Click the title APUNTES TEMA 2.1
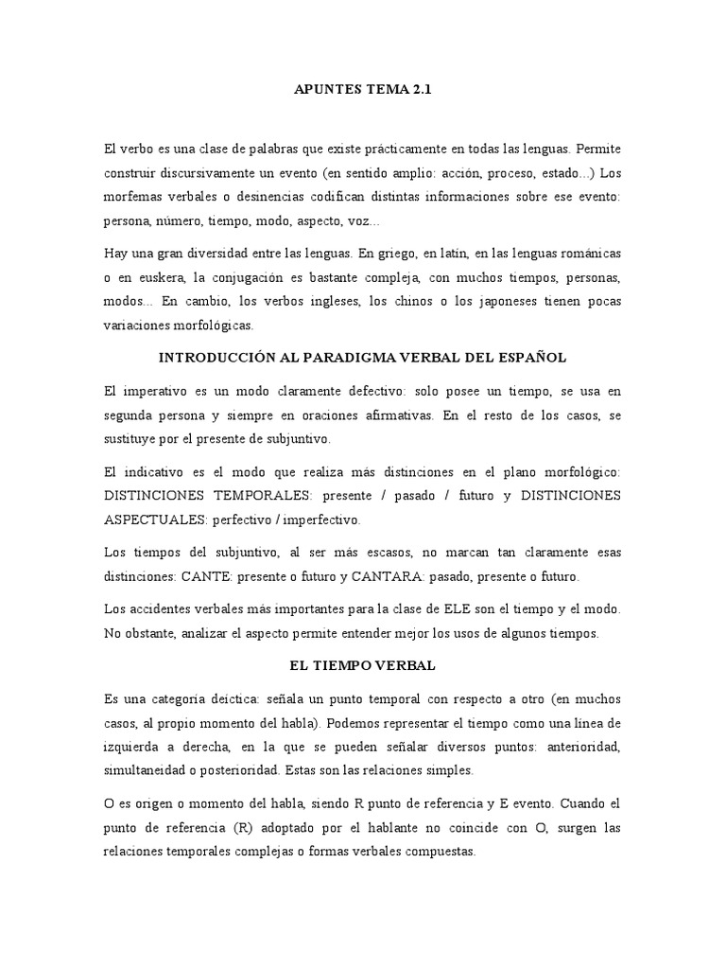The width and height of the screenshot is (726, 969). click(363, 90)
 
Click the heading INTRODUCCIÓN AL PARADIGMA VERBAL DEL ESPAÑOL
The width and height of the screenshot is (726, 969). click(363, 358)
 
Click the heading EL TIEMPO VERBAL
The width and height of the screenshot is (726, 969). click(363, 665)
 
